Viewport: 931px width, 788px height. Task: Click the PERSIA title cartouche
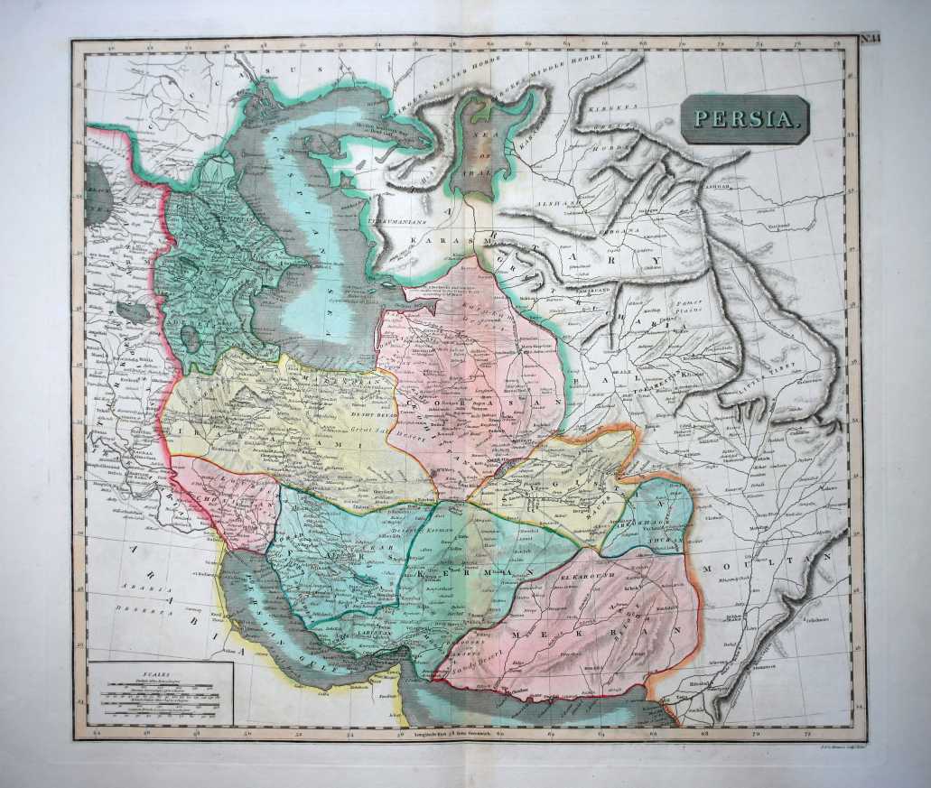[745, 119]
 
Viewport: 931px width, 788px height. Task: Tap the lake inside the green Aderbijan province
[191, 338]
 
